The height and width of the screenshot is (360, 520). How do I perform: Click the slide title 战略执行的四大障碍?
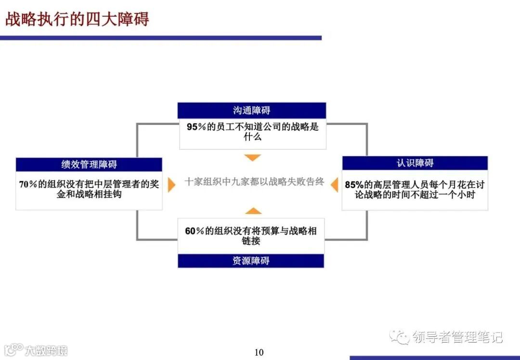77,19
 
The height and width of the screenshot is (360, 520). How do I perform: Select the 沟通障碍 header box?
252,110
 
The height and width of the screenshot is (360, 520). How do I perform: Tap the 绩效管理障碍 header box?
89,164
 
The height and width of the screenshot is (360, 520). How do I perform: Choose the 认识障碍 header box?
415,163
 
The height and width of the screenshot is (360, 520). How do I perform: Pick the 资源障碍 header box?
251,261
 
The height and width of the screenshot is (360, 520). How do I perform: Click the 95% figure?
195,127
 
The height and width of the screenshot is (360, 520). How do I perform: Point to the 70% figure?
28,184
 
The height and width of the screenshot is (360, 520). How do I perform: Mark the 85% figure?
354,185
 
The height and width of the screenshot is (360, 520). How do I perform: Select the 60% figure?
194,231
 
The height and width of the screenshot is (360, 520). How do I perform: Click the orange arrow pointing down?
252,158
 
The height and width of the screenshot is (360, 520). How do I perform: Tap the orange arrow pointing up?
253,211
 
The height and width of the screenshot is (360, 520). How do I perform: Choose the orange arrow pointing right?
171,185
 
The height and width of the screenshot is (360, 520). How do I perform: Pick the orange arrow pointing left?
334,185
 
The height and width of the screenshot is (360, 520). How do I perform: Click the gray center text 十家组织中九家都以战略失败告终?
254,182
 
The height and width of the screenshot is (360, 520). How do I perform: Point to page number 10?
259,352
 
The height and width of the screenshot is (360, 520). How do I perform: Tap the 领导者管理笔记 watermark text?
457,337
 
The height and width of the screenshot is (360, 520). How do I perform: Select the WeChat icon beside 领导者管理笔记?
400,337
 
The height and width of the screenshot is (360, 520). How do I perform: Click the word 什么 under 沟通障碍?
252,136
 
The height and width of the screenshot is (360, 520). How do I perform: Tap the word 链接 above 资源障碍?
251,240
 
